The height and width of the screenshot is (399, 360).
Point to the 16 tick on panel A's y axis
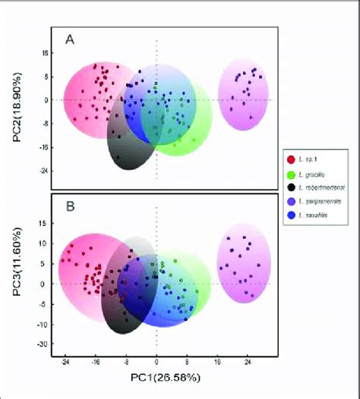[x=45, y=54]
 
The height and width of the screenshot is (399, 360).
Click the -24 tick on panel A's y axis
[x=43, y=171]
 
